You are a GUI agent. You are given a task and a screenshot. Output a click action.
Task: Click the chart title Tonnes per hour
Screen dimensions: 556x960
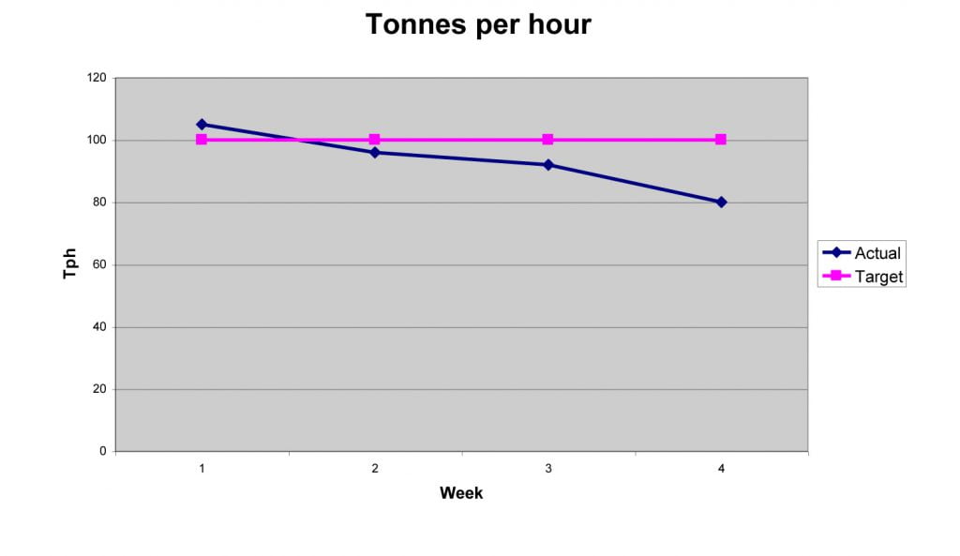coord(478,24)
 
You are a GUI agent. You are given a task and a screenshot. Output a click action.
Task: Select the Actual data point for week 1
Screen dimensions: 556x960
coord(202,124)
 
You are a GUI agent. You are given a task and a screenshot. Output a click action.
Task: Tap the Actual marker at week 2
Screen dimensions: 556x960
coord(375,152)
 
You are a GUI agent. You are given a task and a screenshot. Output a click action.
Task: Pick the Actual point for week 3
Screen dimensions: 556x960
coord(548,165)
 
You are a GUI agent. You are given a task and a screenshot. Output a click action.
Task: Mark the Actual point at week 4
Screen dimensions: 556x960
coord(721,202)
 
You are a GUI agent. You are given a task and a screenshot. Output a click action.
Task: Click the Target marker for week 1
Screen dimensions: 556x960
coord(202,140)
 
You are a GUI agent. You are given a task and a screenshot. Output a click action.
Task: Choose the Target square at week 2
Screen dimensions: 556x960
coord(375,140)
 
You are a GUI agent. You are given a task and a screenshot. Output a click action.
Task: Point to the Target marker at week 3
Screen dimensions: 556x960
coord(548,140)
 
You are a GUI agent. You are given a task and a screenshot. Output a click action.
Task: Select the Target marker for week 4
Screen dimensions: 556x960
coord(721,140)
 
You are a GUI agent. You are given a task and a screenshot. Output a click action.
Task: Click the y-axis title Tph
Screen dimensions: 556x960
coord(70,264)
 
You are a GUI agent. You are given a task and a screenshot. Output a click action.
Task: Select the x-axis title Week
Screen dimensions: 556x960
coord(461,493)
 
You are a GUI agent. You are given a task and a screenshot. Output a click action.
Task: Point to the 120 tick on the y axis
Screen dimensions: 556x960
coord(97,78)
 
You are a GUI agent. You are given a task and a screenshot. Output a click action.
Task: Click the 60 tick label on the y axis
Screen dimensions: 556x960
coord(99,265)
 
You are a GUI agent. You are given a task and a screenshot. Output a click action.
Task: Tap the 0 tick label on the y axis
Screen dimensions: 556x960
coord(102,452)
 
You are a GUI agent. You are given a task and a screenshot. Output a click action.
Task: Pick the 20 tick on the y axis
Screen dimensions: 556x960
coord(99,389)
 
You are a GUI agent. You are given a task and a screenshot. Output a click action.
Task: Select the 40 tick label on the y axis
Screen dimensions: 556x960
coord(99,327)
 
